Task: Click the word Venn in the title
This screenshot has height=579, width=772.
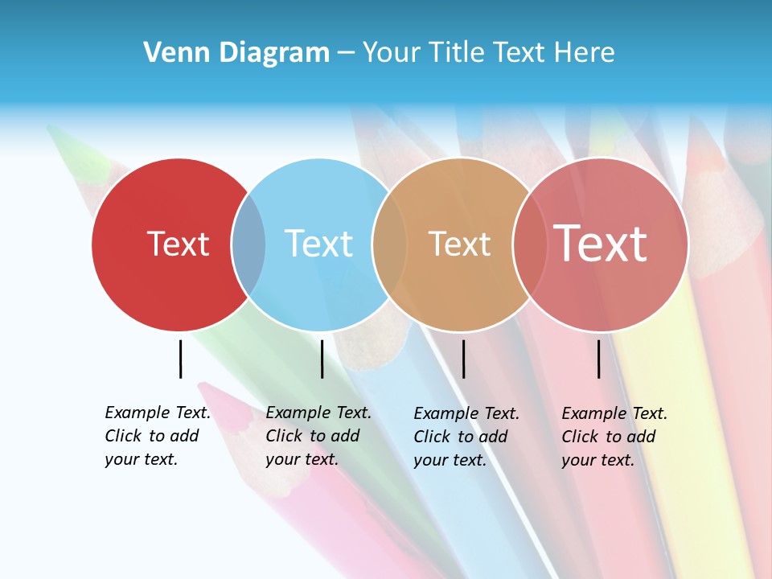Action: [174, 53]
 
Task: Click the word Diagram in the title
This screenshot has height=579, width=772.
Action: [274, 53]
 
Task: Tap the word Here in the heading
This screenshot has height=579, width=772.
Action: [585, 53]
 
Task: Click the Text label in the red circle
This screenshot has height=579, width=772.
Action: [178, 244]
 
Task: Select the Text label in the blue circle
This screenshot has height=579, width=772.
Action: [318, 244]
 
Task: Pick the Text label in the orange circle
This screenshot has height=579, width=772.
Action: [459, 244]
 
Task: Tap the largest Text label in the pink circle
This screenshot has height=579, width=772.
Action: [600, 244]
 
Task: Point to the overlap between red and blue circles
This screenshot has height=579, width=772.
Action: [248, 244]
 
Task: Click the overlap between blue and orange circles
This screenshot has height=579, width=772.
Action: [389, 244]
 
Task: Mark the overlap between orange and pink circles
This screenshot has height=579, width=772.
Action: [529, 244]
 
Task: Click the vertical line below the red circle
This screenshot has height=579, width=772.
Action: [180, 359]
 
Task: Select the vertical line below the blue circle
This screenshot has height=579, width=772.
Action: [322, 359]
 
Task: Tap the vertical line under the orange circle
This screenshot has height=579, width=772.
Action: [463, 359]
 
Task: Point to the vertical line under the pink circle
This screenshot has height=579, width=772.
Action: [599, 359]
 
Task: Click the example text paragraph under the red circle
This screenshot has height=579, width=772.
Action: [157, 436]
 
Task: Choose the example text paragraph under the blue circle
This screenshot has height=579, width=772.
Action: [318, 436]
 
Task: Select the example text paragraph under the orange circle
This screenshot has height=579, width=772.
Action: [466, 437]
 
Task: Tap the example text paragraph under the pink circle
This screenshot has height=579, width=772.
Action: [614, 437]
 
